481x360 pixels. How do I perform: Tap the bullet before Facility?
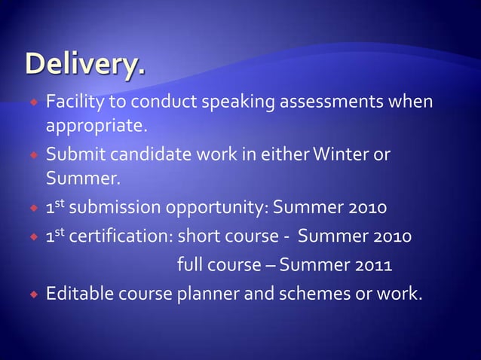[x=35, y=102]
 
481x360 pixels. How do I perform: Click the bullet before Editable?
[x=35, y=293]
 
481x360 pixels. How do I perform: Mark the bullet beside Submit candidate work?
[x=35, y=155]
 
